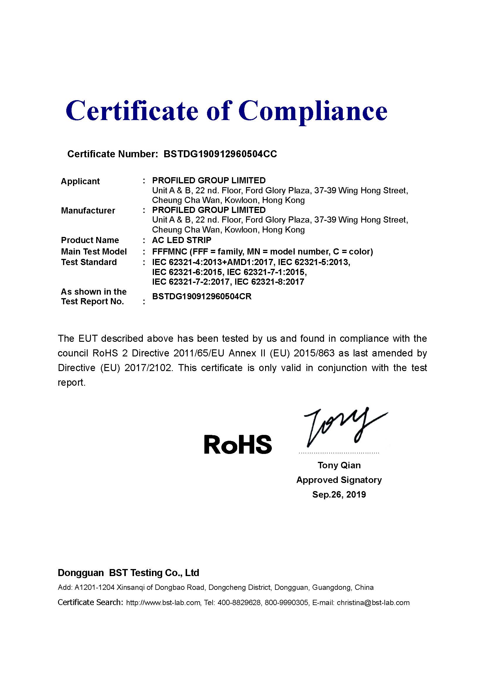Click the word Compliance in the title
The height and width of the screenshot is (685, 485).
(x=313, y=111)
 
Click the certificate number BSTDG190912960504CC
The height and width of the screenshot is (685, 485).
(x=220, y=154)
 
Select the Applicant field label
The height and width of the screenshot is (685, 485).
(x=80, y=181)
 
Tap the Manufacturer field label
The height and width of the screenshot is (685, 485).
(x=88, y=210)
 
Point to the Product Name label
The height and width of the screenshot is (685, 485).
(x=90, y=240)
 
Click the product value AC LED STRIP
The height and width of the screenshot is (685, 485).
(x=182, y=240)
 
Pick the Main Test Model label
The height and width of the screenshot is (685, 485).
(x=94, y=252)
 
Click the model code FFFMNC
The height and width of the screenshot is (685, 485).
(x=169, y=252)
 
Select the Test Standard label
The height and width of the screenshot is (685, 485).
(x=89, y=262)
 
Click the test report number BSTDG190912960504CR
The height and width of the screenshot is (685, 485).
(x=201, y=296)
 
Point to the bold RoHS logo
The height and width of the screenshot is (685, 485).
(x=238, y=444)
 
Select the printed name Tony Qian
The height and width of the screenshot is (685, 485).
(x=339, y=465)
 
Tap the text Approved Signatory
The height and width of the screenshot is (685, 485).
(x=339, y=480)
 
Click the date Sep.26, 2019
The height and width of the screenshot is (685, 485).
(x=339, y=494)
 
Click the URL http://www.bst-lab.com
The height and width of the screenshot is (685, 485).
(x=163, y=602)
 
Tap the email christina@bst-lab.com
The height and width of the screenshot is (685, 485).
(x=373, y=602)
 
